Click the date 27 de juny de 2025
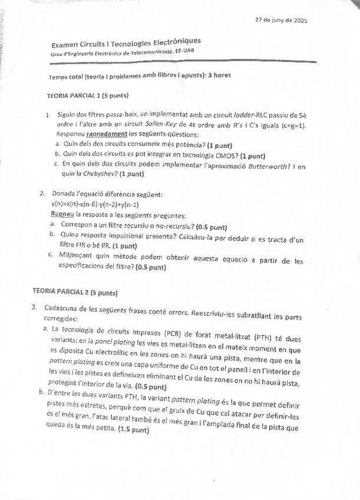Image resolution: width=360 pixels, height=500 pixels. tap(280, 21)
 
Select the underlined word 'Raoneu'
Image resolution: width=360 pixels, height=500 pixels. tap(62, 215)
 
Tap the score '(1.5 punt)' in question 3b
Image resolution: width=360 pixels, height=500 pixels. tap(132, 430)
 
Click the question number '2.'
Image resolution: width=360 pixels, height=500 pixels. tap(42, 193)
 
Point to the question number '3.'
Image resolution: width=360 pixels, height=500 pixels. tap(35, 307)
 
